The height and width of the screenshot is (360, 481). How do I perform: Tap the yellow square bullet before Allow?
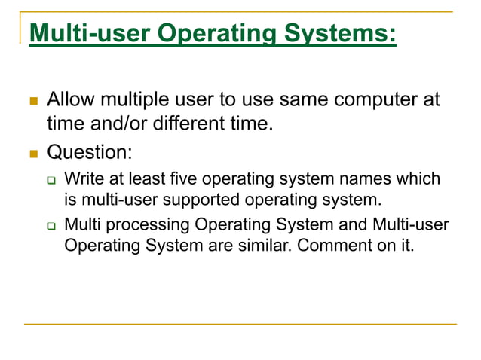pos(33,101)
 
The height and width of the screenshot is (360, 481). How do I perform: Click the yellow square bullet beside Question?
pos(33,154)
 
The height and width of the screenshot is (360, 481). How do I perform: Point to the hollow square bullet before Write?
pos(52,181)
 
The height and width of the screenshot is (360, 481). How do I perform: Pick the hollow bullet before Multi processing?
pos(52,225)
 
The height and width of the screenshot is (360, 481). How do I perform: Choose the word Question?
pos(89,152)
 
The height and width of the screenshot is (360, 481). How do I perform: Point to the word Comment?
pos(328,246)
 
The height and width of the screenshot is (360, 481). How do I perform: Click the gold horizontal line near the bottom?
pos(240,325)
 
